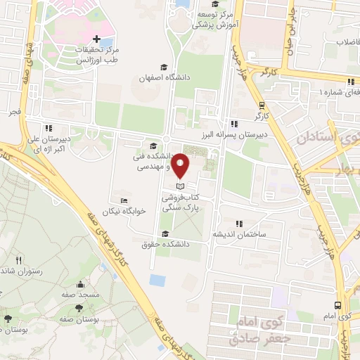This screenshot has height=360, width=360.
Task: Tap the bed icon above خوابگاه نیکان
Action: (124, 200)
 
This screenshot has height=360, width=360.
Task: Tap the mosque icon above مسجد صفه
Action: (82, 285)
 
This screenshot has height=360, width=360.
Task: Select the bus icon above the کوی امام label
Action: (338, 304)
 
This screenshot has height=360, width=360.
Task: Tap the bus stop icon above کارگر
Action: (262, 100)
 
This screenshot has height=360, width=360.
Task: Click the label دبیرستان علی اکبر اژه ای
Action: (47, 144)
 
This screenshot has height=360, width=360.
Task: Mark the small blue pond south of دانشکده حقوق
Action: (157, 280)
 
